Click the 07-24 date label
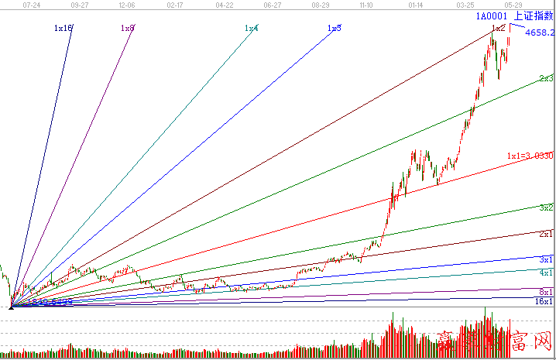[33, 5]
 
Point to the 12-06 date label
[128, 5]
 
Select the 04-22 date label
[224, 5]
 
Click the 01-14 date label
[416, 5]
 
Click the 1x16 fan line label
[63, 28]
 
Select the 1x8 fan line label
[127, 28]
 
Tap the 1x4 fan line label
[251, 28]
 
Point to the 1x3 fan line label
[334, 28]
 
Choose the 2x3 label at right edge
[546, 78]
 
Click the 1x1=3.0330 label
[530, 156]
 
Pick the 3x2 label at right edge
[546, 207]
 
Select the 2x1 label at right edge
[546, 234]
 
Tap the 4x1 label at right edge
[546, 273]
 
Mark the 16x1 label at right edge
[544, 301]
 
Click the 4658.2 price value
[539, 33]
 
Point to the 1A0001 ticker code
[492, 15]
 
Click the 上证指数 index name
[534, 15]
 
